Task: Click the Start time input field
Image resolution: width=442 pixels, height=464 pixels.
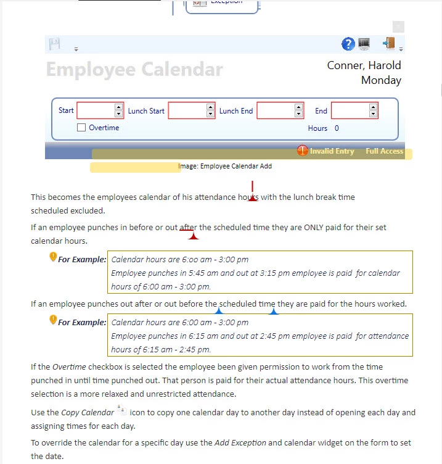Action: (96, 110)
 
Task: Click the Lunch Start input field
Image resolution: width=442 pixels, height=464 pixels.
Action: (187, 110)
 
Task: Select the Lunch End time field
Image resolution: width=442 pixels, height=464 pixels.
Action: (276, 110)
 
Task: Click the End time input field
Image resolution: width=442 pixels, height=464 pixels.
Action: (350, 110)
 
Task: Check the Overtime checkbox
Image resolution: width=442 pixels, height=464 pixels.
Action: (81, 128)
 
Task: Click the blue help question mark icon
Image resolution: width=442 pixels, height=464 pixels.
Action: (348, 44)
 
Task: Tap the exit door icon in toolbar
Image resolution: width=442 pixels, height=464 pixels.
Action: (388, 44)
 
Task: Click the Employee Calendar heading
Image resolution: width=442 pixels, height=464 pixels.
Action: (134, 69)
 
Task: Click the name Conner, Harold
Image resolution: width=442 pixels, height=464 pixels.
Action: (364, 65)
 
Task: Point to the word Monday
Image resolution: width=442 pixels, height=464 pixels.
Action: (381, 80)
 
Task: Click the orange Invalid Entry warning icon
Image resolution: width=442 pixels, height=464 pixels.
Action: (303, 151)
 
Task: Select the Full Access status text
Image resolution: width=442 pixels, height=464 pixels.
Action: (384, 151)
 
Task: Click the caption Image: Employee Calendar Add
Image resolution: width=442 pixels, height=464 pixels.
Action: (225, 166)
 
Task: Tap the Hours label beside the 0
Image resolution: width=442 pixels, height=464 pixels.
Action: (317, 128)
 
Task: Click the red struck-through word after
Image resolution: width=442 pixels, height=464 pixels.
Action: (187, 227)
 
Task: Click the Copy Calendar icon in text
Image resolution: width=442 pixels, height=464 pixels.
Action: (121, 411)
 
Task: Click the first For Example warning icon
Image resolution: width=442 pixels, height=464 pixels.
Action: (53, 257)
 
